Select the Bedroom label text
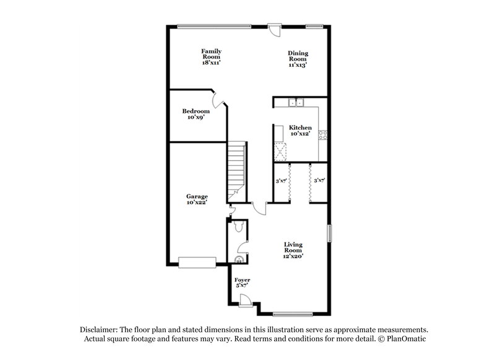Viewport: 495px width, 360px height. [x=196, y=111]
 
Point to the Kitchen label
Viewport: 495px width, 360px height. [x=300, y=128]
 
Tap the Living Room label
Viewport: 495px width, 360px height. [x=293, y=246]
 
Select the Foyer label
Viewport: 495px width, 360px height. [x=242, y=280]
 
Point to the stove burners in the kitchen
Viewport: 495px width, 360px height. [x=322, y=135]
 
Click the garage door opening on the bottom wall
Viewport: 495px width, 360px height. [x=197, y=262]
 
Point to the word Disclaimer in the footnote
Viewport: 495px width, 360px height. [x=98, y=330]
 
